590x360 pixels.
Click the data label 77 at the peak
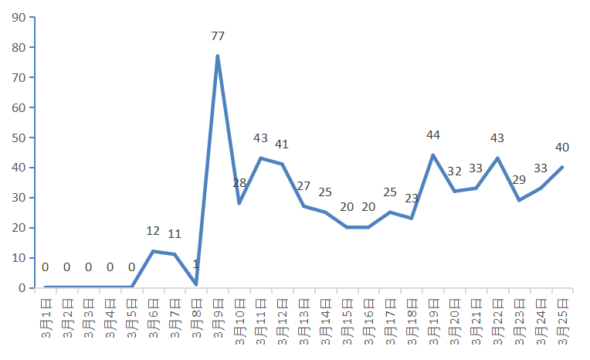point(218,36)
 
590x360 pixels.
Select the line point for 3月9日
point(218,56)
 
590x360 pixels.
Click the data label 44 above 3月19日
point(433,135)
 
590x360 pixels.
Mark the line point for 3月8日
point(196,284)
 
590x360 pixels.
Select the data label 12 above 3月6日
point(153,231)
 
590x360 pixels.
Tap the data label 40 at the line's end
point(562,148)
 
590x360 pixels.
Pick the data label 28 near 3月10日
point(239,184)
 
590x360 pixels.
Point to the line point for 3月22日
point(498,158)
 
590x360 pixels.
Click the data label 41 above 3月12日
point(282,144)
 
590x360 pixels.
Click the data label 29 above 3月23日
point(520,180)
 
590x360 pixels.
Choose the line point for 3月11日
point(261,158)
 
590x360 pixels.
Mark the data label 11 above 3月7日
point(175,234)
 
